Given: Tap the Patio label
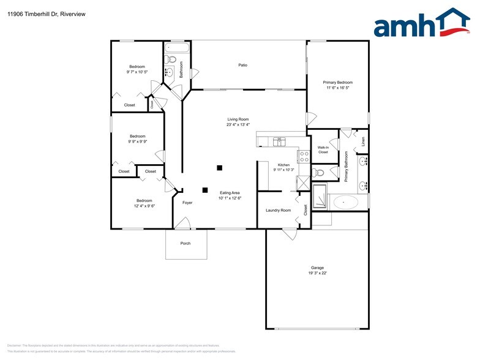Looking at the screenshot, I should pyautogui.click(x=242, y=65).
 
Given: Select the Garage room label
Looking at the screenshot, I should pyautogui.click(x=317, y=268).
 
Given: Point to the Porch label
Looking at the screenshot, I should pyautogui.click(x=185, y=244).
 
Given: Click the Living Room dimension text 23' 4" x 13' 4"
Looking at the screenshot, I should pyautogui.click(x=238, y=125).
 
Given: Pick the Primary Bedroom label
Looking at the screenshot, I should pyautogui.click(x=337, y=82).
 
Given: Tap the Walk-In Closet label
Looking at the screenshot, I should pyautogui.click(x=323, y=149).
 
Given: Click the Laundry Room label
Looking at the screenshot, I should pyautogui.click(x=278, y=210).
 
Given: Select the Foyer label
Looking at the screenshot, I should pyautogui.click(x=187, y=202).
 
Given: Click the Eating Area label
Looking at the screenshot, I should pyautogui.click(x=230, y=193).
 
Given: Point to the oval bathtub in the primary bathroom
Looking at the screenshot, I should pyautogui.click(x=347, y=201).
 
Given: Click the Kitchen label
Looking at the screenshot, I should pyautogui.click(x=283, y=165).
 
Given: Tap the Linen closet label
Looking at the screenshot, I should pyautogui.click(x=363, y=141).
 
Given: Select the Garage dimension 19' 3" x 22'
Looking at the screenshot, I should pyautogui.click(x=317, y=273).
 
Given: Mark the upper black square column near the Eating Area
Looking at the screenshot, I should pyautogui.click(x=219, y=168).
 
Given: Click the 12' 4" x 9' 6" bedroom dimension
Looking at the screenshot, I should pyautogui.click(x=144, y=206).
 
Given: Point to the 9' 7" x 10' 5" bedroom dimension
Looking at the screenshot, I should pyautogui.click(x=137, y=72).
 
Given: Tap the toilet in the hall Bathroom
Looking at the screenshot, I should pyautogui.click(x=172, y=60).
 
